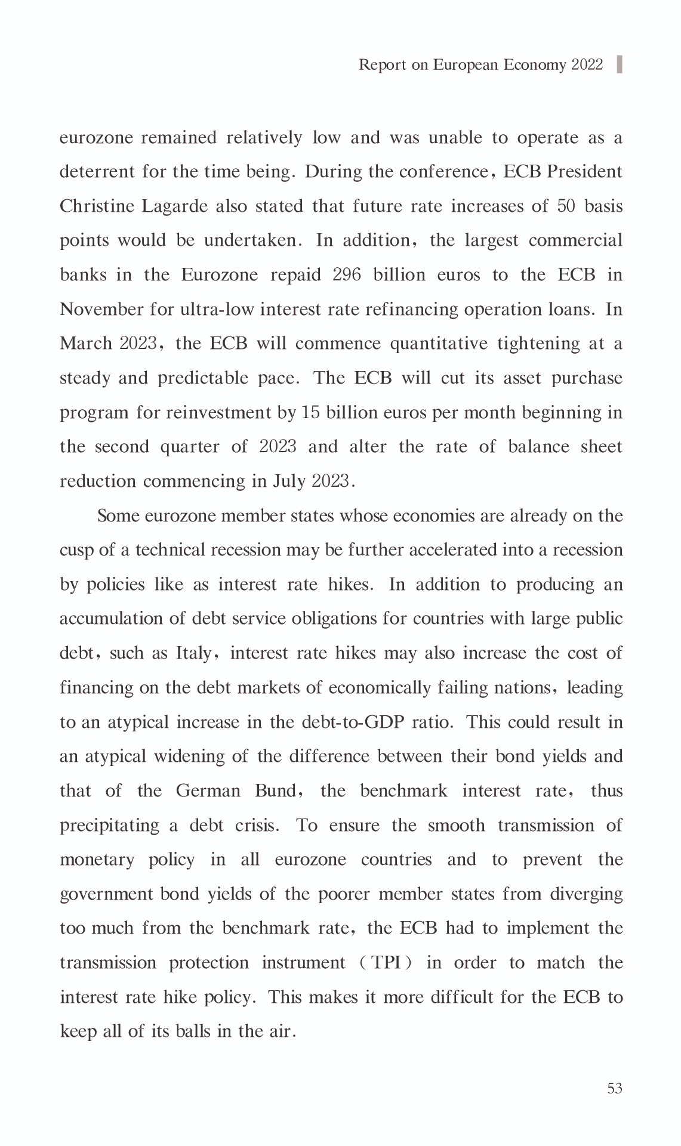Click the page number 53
614,1089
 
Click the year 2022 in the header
587,64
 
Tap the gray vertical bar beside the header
619,64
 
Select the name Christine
97,206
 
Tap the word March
86,344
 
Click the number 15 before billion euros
310,413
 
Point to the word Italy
193,653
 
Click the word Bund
275,791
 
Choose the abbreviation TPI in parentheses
386,963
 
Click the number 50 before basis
566,206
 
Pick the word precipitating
110,826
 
